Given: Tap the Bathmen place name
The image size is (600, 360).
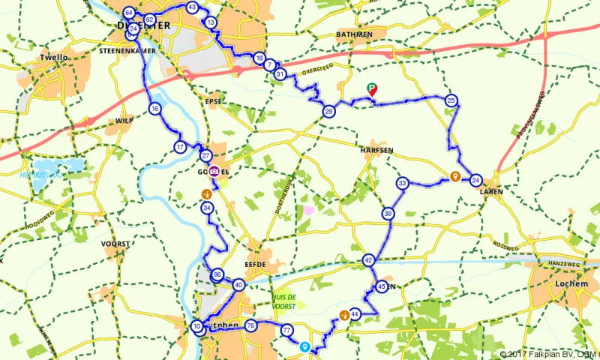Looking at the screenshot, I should [375, 34].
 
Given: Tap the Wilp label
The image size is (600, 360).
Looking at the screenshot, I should [124, 120].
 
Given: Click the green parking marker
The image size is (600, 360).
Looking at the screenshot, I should [371, 91].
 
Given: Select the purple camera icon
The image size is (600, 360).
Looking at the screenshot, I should [214, 172].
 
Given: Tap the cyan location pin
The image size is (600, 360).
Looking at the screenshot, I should [304, 346].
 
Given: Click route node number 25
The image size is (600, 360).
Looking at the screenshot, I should [451, 100].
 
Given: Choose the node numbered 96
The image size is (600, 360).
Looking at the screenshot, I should [217, 274].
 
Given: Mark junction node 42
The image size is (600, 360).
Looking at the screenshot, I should [368, 260].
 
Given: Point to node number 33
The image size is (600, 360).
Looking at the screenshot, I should [403, 184].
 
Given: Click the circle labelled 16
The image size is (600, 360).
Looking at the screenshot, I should [154, 109].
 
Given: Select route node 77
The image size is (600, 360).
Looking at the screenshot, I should [286, 330].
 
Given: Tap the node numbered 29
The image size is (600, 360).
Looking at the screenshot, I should [328, 111].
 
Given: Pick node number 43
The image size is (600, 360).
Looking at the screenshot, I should [192, 7].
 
